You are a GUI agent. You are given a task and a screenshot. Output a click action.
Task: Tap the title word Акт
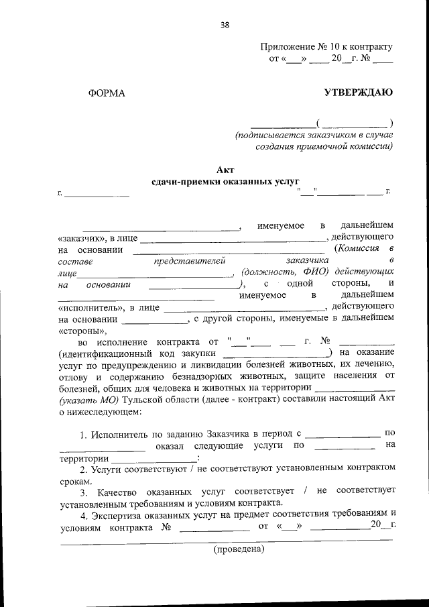(225, 169)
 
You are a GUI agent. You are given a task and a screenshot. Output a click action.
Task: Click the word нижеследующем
(103, 412)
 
